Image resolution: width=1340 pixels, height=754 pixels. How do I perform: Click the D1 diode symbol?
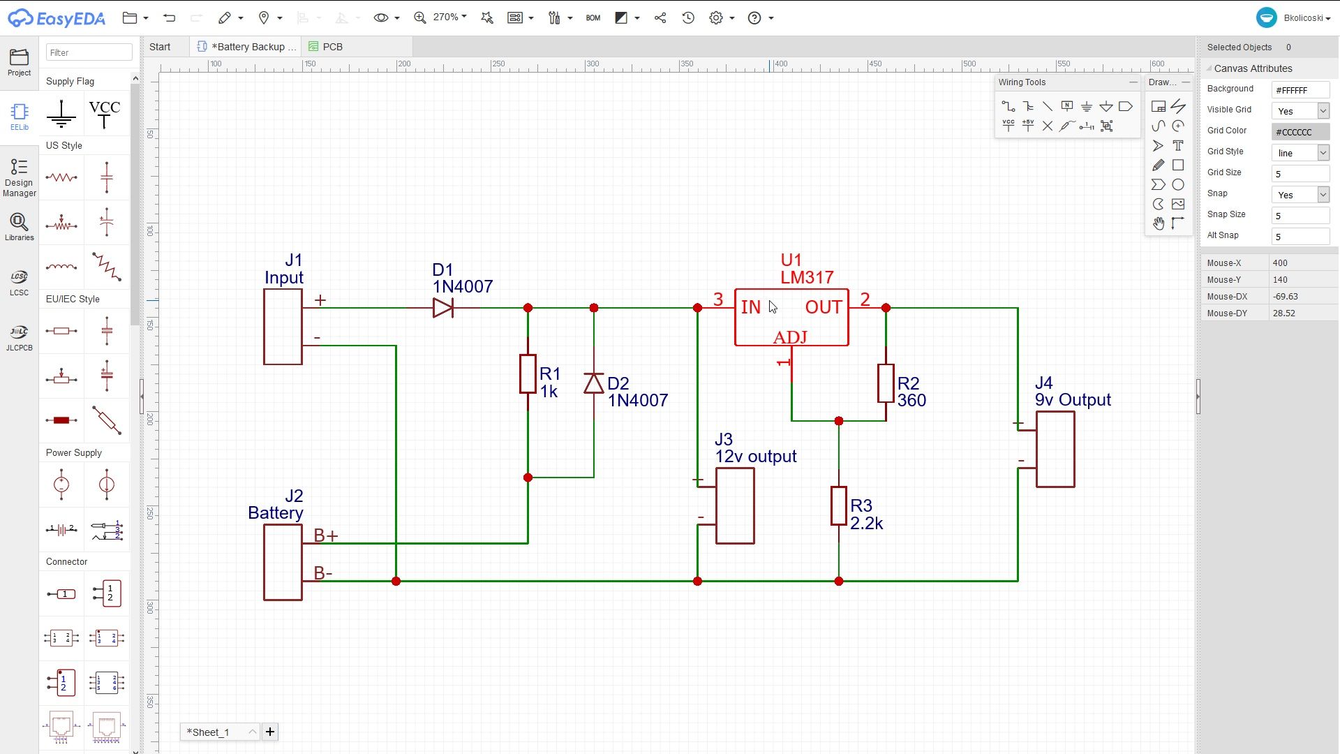click(x=442, y=308)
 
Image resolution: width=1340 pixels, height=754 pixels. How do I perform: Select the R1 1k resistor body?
click(x=528, y=374)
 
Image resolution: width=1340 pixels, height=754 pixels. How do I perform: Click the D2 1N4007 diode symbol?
click(x=593, y=383)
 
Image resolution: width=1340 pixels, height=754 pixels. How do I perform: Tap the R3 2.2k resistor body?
click(x=838, y=506)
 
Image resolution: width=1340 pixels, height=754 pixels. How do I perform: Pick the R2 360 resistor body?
click(x=886, y=383)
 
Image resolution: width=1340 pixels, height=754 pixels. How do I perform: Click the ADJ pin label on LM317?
click(x=790, y=338)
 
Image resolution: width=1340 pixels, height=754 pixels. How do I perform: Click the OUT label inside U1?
click(x=823, y=308)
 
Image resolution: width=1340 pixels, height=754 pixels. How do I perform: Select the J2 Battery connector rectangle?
click(x=283, y=563)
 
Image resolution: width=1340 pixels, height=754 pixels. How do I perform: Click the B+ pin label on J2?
click(x=325, y=535)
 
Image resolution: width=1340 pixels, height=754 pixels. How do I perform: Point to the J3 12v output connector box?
click(x=735, y=506)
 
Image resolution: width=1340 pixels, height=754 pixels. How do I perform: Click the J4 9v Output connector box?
click(x=1055, y=450)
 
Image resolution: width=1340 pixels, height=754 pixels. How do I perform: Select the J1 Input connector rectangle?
click(x=283, y=327)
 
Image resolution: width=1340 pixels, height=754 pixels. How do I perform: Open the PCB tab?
click(x=332, y=47)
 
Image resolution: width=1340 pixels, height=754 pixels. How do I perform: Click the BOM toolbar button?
click(x=593, y=18)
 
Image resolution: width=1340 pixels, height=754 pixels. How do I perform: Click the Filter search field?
click(x=89, y=52)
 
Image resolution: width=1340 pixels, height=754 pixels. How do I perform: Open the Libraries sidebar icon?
click(x=19, y=228)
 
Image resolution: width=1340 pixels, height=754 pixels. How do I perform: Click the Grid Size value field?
click(x=1300, y=174)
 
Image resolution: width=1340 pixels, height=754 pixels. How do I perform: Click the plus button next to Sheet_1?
click(x=270, y=732)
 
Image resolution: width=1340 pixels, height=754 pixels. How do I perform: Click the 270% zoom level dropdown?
click(x=449, y=17)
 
